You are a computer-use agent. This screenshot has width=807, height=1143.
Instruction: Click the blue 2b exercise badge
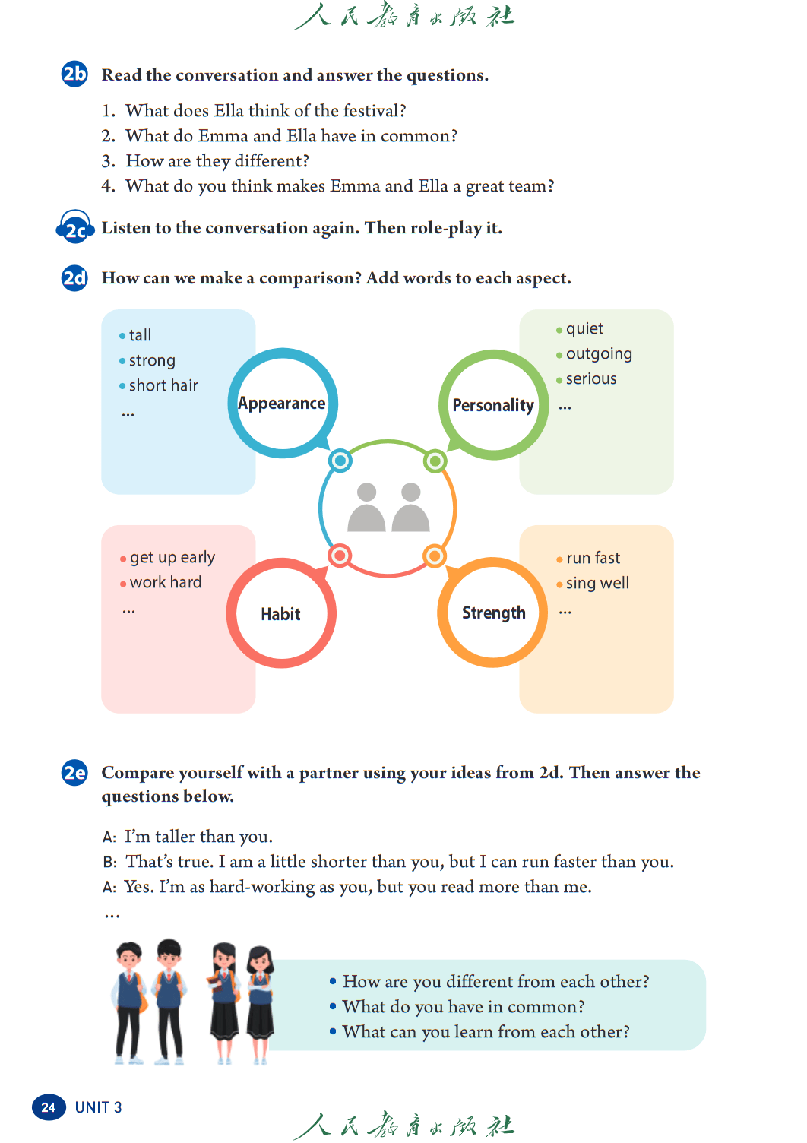pyautogui.click(x=74, y=74)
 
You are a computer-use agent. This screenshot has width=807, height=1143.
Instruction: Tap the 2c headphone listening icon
pyautogui.click(x=75, y=227)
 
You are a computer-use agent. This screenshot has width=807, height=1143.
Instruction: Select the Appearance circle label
pyautogui.click(x=282, y=403)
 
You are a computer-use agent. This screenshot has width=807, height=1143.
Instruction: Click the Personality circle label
pyautogui.click(x=493, y=405)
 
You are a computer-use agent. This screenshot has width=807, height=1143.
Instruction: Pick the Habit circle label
pyautogui.click(x=280, y=614)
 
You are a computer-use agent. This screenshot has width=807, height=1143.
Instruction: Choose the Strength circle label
pyautogui.click(x=494, y=613)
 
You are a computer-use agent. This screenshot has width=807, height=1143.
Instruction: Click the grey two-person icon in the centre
pyautogui.click(x=389, y=507)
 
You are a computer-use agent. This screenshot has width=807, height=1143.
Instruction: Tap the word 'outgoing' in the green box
pyautogui.click(x=599, y=354)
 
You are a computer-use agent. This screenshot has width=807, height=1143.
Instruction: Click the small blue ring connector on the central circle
pyautogui.click(x=340, y=461)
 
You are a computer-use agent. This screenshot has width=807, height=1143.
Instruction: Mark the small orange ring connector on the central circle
pyautogui.click(x=435, y=556)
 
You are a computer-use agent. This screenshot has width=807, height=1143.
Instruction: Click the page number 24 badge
pyautogui.click(x=49, y=1107)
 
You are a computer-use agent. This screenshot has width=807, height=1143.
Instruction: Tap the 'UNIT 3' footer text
pyautogui.click(x=98, y=1107)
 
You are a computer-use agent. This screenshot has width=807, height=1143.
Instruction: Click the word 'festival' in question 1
pyautogui.click(x=374, y=111)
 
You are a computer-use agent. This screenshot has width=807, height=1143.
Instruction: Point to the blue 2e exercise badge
pyautogui.click(x=74, y=772)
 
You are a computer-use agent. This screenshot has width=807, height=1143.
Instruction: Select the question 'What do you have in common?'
pyautogui.click(x=464, y=1007)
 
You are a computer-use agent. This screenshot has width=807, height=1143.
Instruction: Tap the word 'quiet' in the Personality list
pyautogui.click(x=584, y=329)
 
